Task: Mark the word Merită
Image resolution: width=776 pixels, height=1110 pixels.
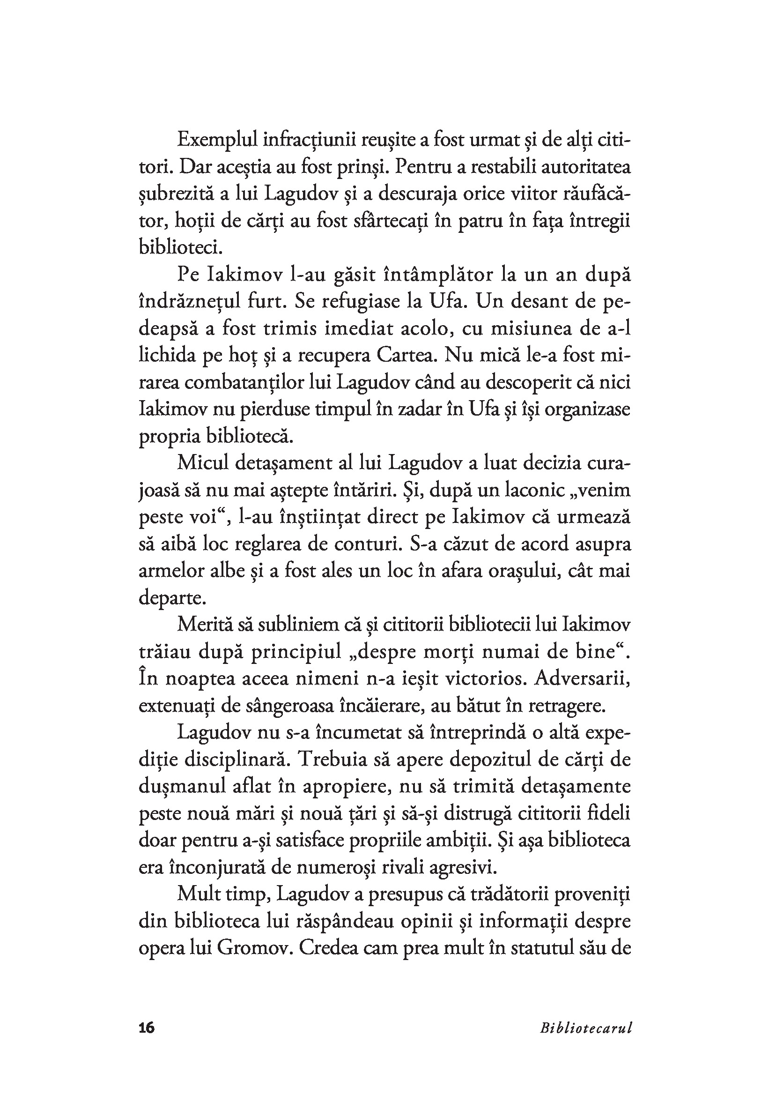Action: point(204,625)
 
